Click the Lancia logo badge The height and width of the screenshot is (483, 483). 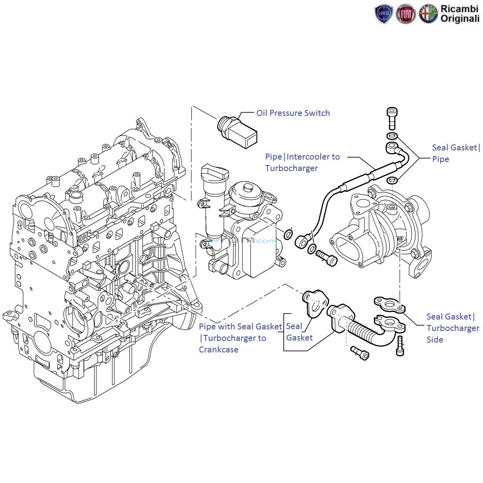coord(383,14)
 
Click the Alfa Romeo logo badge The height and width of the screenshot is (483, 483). coord(428,14)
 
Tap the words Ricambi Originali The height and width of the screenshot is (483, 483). coord(460,14)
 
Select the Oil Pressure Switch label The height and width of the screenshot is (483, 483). coord(293,113)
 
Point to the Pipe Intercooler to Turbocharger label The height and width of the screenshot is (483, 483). coord(302,162)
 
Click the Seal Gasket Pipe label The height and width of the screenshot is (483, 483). coord(456,153)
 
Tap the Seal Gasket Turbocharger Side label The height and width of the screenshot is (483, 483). coord(452,328)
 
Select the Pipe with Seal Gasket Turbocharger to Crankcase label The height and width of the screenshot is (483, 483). coord(240,338)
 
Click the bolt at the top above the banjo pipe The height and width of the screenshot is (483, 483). coord(392,118)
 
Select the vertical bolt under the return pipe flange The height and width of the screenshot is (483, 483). coord(400,346)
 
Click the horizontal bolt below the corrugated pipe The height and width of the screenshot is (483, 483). coord(360,352)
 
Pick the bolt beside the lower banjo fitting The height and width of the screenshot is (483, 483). coord(327,258)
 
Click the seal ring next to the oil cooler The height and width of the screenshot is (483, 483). coord(289,234)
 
